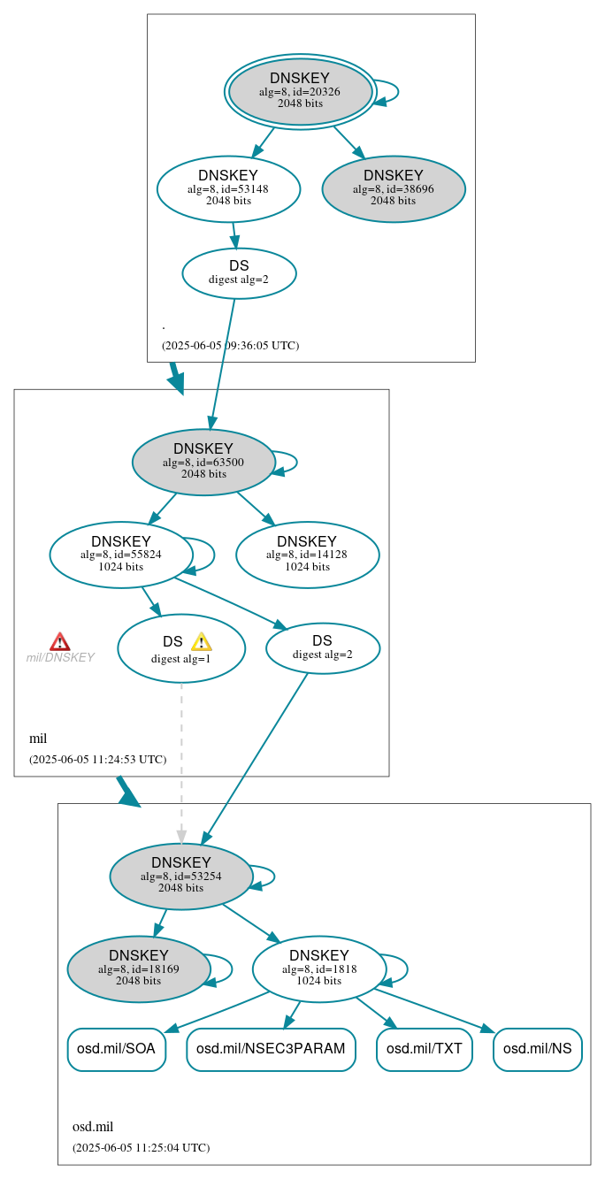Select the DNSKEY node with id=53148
click(228, 188)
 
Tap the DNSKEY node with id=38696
click(394, 188)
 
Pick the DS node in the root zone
click(239, 273)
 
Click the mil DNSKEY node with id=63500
click(203, 462)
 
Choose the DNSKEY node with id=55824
click(121, 555)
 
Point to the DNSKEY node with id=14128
click(307, 555)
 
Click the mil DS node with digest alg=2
click(322, 648)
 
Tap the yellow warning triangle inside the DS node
click(202, 642)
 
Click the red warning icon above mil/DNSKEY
click(60, 642)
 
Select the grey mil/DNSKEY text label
click(60, 658)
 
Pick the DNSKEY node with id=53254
click(181, 877)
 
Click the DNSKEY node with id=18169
click(139, 969)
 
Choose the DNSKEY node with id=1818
click(318, 969)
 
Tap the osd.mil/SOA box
click(116, 1050)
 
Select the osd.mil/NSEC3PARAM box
click(271, 1050)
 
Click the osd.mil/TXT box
click(425, 1050)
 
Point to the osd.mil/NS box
click(538, 1050)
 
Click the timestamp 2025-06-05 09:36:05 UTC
click(230, 346)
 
